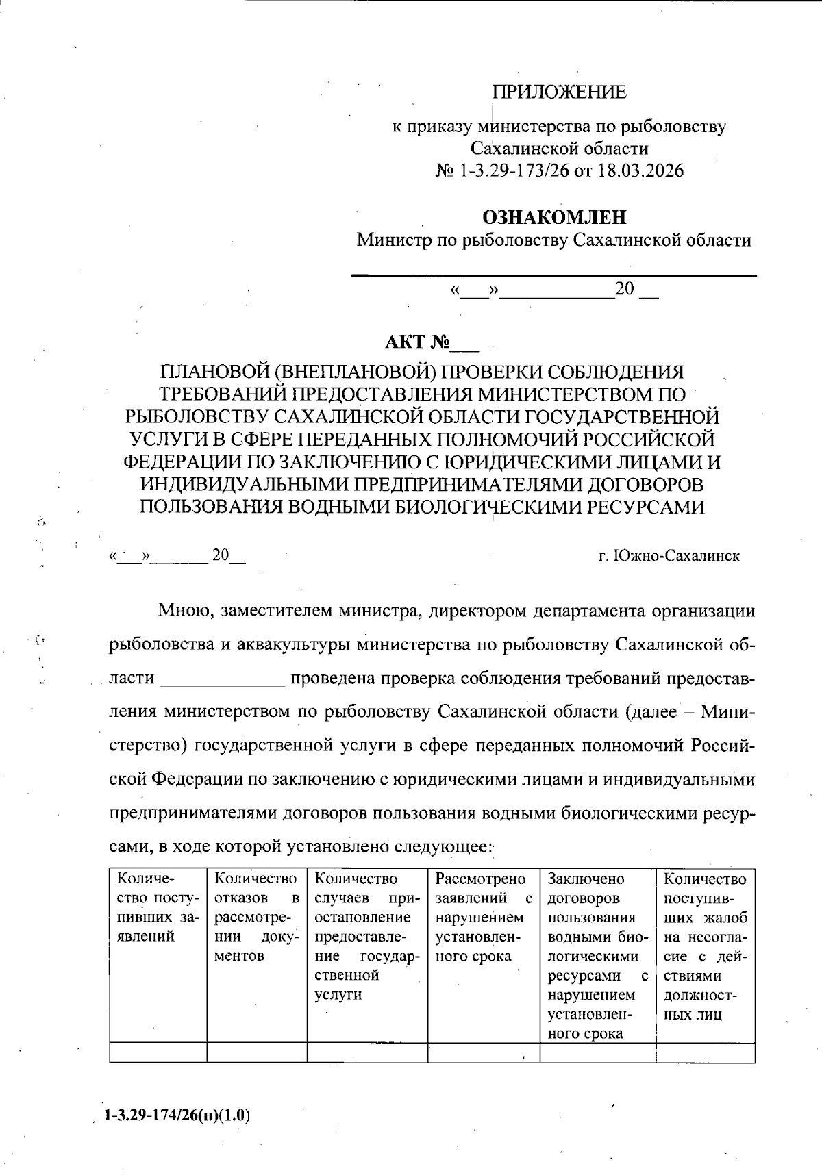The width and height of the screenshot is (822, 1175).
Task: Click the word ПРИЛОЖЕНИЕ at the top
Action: pyautogui.click(x=559, y=92)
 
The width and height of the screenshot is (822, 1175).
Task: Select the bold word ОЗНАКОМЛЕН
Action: pyautogui.click(x=554, y=218)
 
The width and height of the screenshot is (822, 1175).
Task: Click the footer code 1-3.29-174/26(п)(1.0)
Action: pyautogui.click(x=177, y=1115)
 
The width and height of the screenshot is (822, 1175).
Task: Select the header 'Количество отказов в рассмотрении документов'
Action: pyautogui.click(x=256, y=917)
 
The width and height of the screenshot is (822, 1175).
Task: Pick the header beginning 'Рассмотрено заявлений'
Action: pyautogui.click(x=484, y=917)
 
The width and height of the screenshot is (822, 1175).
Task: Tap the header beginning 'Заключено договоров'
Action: pyautogui.click(x=597, y=955)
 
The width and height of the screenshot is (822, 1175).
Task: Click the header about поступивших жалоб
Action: pyautogui.click(x=705, y=946)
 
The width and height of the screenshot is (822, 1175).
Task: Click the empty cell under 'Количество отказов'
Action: pyautogui.click(x=256, y=1052)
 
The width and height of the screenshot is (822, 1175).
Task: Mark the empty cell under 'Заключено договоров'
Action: pyautogui.click(x=597, y=1052)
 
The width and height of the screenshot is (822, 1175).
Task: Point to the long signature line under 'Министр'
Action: pyautogui.click(x=553, y=275)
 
